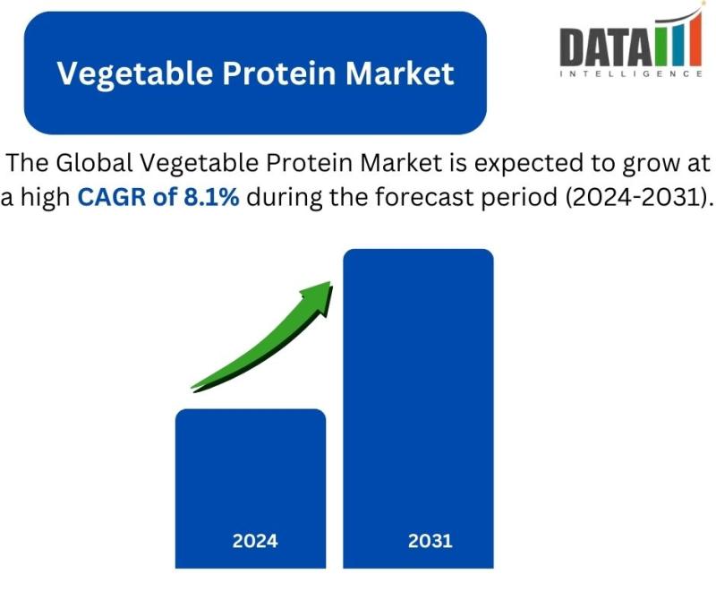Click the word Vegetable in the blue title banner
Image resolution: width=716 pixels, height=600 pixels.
tap(135, 74)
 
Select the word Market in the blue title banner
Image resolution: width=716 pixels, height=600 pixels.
tap(399, 73)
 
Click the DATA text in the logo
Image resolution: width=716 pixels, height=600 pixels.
tap(606, 47)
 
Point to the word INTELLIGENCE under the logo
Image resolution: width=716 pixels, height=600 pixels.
tap(631, 73)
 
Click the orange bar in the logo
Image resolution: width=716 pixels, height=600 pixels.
tap(695, 39)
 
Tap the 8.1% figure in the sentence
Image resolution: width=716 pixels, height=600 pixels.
tap(211, 197)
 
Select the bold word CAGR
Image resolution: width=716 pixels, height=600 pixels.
tap(113, 197)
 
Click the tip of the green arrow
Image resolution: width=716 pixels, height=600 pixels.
tap(330, 282)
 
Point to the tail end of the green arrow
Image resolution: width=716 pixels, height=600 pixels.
tap(192, 389)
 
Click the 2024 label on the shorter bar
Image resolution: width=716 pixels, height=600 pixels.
tap(255, 541)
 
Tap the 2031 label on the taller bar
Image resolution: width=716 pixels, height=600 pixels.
tap(430, 541)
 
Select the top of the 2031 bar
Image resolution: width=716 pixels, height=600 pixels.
tap(418, 250)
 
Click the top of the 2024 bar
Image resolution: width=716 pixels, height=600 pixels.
tap(251, 410)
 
